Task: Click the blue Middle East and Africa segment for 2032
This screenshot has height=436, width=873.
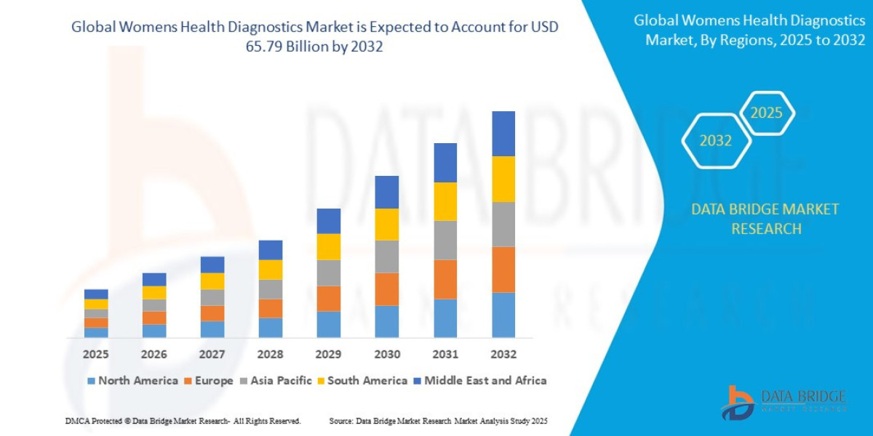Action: [x=503, y=134]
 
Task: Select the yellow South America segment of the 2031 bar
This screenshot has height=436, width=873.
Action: [x=445, y=201]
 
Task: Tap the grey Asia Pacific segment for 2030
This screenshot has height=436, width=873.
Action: [x=387, y=257]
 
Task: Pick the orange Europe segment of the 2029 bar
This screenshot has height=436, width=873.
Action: [x=329, y=299]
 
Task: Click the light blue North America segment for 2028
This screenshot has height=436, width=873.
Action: [x=271, y=328]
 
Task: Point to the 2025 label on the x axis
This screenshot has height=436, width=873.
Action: [x=96, y=355]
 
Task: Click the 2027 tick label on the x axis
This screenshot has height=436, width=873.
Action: [x=212, y=355]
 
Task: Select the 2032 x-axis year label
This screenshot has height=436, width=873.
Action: [x=503, y=355]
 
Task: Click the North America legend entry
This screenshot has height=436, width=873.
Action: [x=132, y=381]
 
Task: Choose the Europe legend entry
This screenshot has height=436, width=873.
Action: [x=209, y=381]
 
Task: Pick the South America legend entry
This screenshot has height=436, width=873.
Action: [x=362, y=381]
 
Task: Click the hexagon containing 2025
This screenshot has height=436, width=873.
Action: [x=766, y=113]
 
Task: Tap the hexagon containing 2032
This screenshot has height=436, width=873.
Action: [x=716, y=141]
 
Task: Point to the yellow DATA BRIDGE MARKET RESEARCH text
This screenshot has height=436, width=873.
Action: [x=765, y=219]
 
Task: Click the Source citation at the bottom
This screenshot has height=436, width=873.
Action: [x=438, y=421]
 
